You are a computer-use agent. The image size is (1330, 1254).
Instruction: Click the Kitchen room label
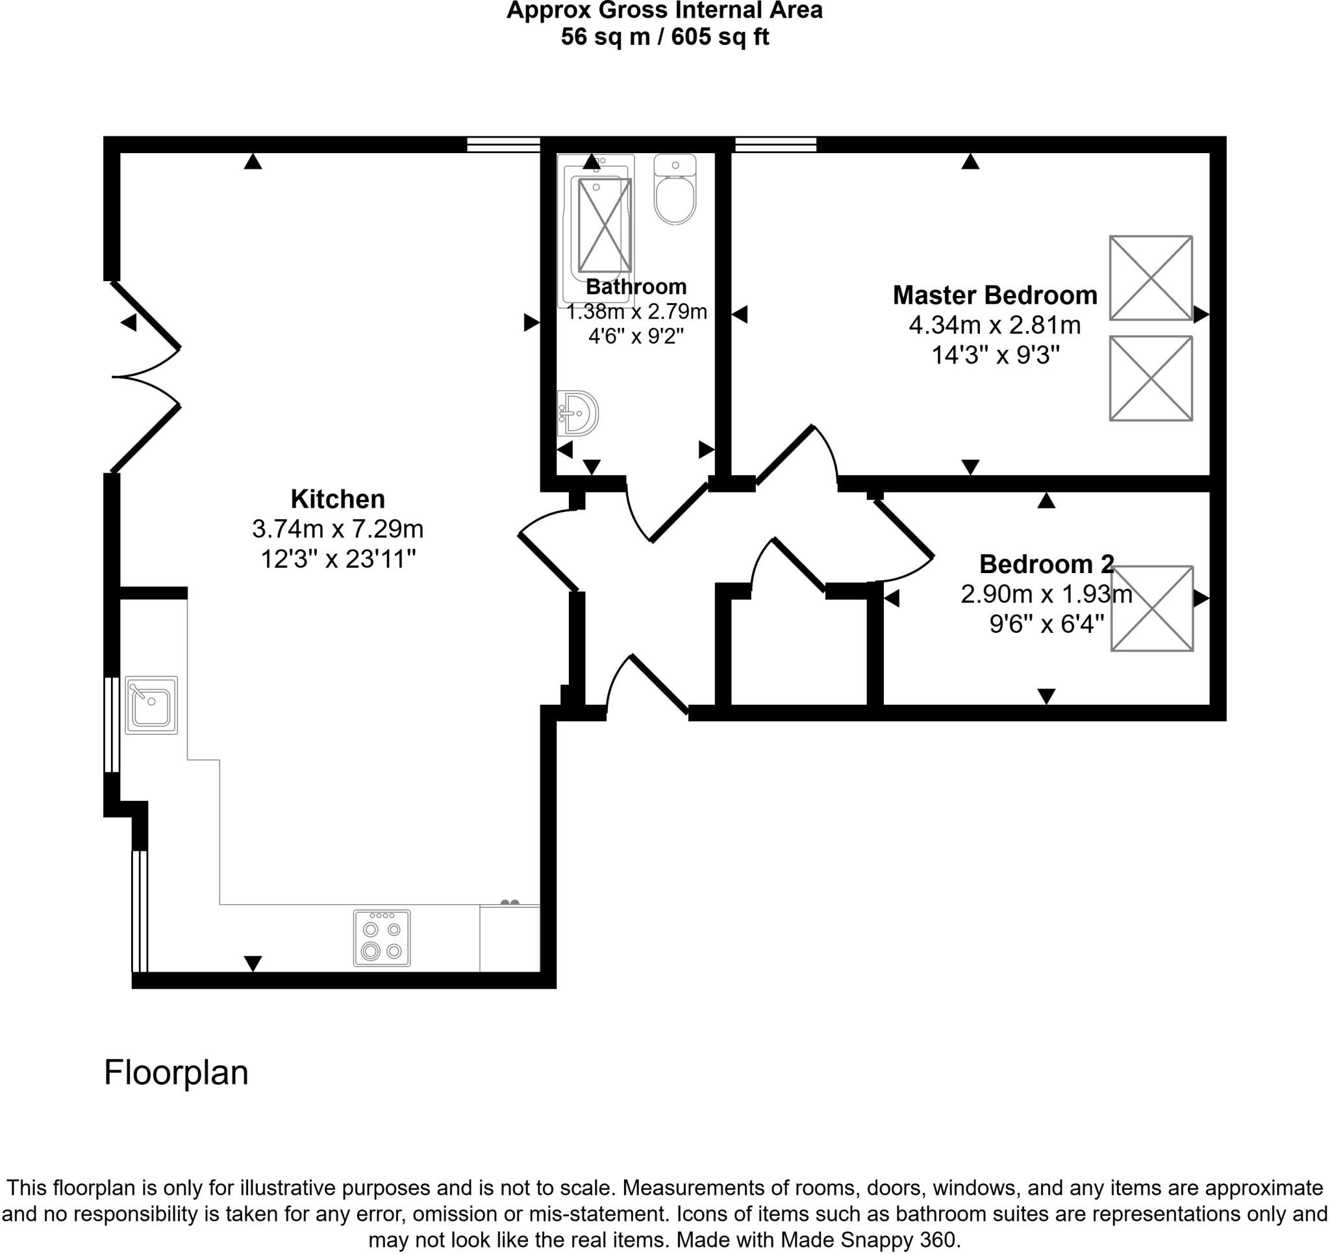pyautogui.click(x=337, y=499)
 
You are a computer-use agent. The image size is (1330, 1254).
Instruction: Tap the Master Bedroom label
pyautogui.click(x=994, y=295)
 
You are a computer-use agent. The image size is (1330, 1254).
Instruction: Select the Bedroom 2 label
pyautogui.click(x=1046, y=564)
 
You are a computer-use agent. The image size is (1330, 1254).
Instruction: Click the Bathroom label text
pyautogui.click(x=636, y=286)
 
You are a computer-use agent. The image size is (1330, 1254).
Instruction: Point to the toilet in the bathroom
pyautogui.click(x=674, y=191)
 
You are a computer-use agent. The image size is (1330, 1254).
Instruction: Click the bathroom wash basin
pyautogui.click(x=578, y=413)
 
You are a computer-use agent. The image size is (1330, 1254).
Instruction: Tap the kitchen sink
pyautogui.click(x=151, y=705)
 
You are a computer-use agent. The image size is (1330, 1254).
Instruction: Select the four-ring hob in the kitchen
pyautogui.click(x=381, y=938)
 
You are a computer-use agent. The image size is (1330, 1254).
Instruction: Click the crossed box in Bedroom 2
pyautogui.click(x=1151, y=608)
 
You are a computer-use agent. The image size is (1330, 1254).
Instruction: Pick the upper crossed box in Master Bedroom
pyautogui.click(x=1150, y=278)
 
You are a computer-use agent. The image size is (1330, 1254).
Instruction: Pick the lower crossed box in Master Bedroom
pyautogui.click(x=1150, y=378)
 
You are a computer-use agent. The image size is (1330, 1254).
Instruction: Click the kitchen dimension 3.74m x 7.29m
pyautogui.click(x=337, y=529)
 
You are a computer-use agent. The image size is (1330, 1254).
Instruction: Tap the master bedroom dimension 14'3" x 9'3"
pyautogui.click(x=995, y=355)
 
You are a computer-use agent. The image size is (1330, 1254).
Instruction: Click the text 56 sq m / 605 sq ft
pyautogui.click(x=664, y=37)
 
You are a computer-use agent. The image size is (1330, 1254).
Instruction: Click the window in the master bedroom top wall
pyautogui.click(x=775, y=144)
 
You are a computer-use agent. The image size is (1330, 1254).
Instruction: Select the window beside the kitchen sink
pyautogui.click(x=112, y=724)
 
